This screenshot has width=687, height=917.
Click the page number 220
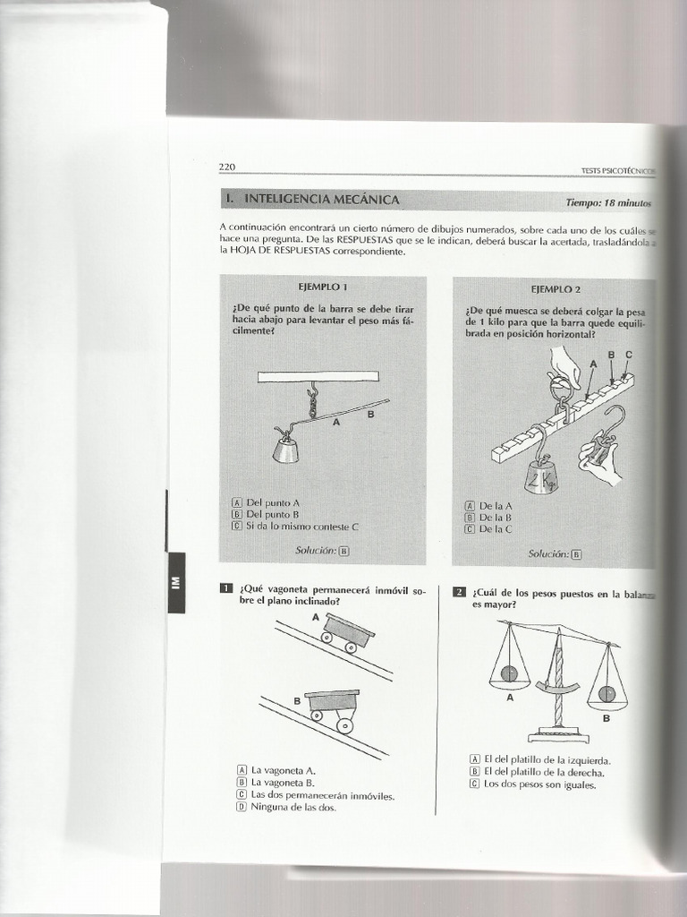tap(226, 167)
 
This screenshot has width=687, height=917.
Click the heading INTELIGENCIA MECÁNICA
tap(322, 199)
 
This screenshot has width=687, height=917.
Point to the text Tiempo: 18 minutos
tap(608, 202)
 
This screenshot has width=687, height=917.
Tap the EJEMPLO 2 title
tap(556, 289)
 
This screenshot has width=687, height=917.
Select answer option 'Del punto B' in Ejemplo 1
tap(272, 515)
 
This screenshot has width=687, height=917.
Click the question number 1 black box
tap(226, 588)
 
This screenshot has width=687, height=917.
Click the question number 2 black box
tap(459, 591)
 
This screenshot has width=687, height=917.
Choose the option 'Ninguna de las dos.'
tap(293, 807)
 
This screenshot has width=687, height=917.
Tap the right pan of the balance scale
tap(607, 695)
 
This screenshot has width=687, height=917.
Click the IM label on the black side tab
tap(175, 582)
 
